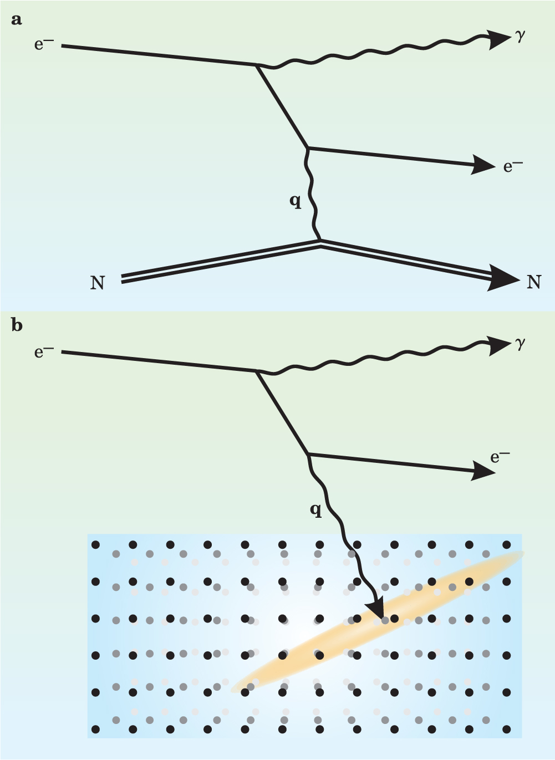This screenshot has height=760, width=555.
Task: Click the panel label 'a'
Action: (x=17, y=20)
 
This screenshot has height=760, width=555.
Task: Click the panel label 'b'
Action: (x=17, y=325)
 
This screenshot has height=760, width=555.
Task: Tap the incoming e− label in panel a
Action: (x=44, y=44)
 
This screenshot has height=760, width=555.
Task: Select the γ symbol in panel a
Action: (x=520, y=38)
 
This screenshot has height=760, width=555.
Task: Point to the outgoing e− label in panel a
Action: (x=513, y=166)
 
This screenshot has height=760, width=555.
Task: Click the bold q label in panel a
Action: (x=296, y=202)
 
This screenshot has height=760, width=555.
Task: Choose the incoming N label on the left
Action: (x=97, y=283)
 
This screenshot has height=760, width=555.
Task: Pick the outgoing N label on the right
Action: (x=533, y=282)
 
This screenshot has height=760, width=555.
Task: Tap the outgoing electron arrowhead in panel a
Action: (x=482, y=165)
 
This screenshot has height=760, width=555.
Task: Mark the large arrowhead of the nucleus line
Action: (x=505, y=278)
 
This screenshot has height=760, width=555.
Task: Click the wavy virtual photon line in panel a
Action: (x=312, y=194)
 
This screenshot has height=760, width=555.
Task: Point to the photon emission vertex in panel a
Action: (x=257, y=66)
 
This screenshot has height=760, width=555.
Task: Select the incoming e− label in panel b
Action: (x=44, y=351)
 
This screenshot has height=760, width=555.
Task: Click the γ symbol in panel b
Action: (x=520, y=344)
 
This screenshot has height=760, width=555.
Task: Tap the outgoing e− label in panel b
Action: (x=500, y=457)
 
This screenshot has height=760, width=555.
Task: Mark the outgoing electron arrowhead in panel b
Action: (x=483, y=471)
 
